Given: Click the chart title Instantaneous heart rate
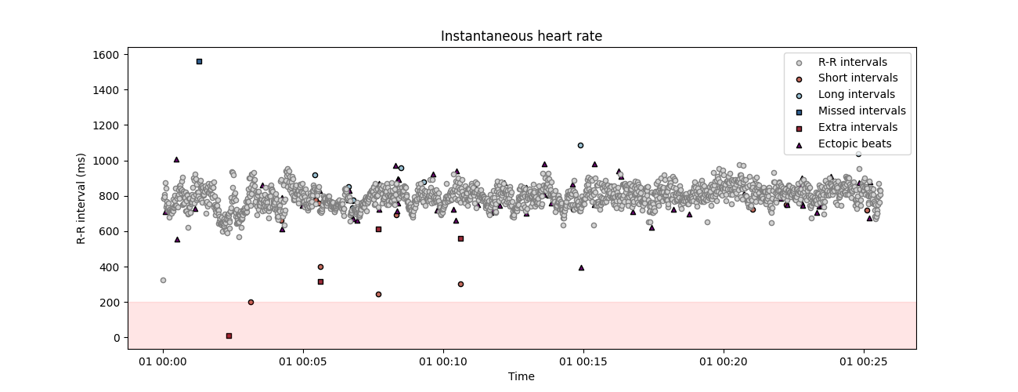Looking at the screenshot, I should point(521,36).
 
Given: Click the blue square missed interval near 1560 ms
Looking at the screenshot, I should point(199,61).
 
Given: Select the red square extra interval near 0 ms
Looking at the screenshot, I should point(229,336).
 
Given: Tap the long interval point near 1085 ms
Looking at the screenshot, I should point(580,145).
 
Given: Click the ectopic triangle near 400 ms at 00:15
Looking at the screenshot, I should point(581,267).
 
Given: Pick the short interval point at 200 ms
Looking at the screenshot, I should point(251,302).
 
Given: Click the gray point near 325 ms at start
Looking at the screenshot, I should point(163,280).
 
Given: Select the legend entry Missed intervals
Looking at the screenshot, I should point(861,111).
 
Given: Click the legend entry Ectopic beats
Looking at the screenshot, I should point(854,144).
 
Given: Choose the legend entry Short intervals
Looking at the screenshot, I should point(857,78).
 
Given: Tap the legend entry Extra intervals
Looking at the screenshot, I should point(857,128).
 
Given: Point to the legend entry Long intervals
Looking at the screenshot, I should point(856,95).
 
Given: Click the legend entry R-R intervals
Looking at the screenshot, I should point(852,62).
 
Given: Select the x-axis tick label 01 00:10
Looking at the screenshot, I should point(443,362).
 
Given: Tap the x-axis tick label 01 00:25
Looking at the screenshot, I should point(864,362).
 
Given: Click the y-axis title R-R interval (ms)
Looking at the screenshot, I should point(81,198).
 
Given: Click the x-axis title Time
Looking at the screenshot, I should point(521,377).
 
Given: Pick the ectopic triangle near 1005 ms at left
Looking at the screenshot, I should point(176,159).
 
